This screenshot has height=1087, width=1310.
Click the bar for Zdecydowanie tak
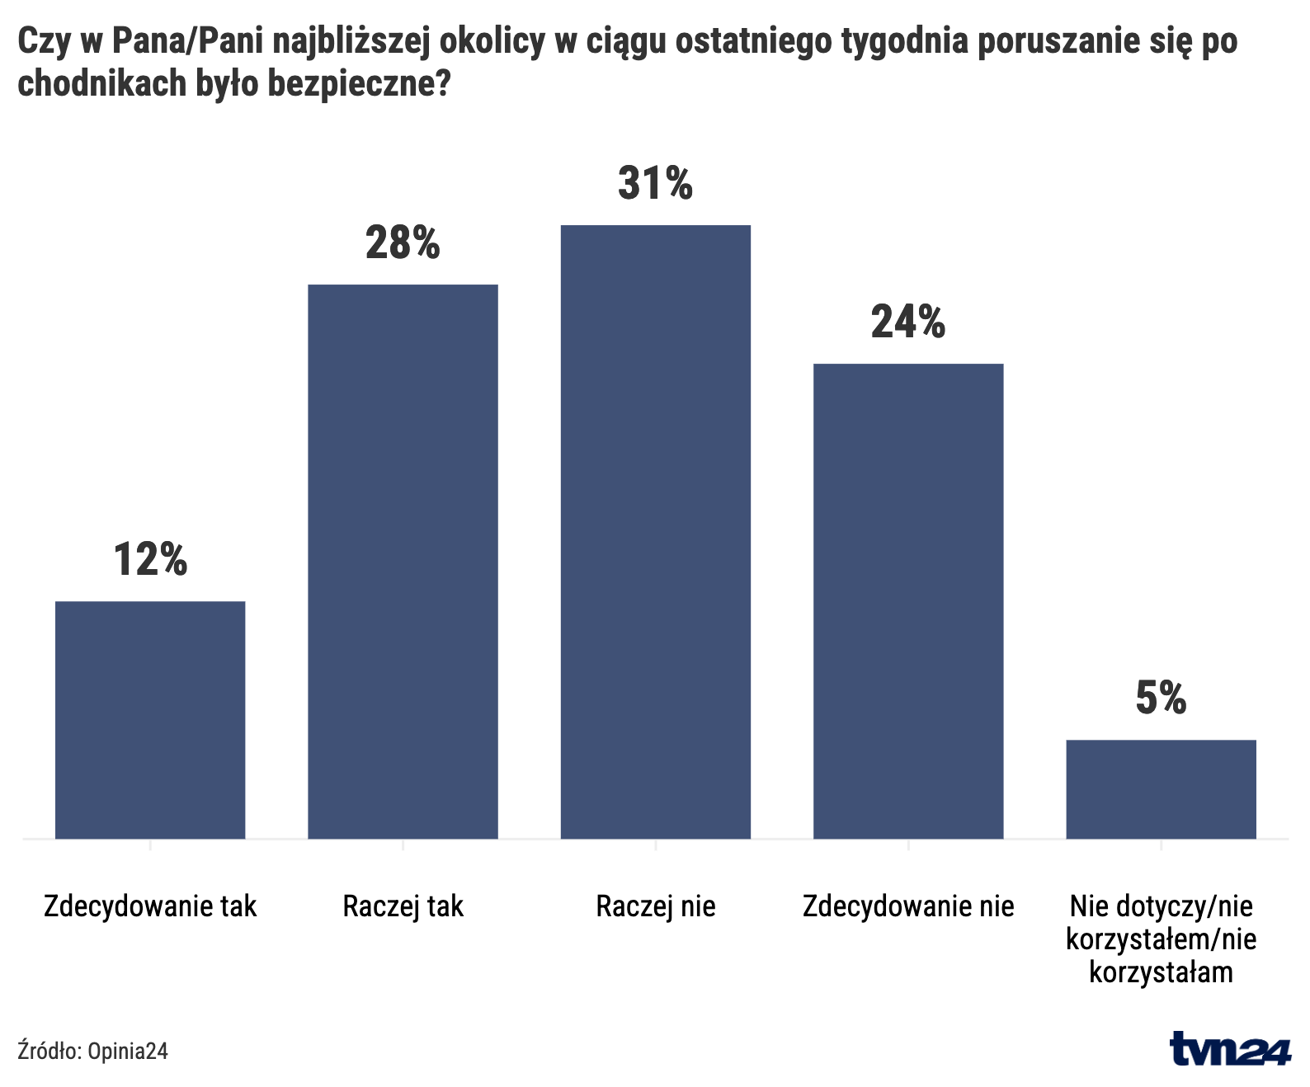pos(150,719)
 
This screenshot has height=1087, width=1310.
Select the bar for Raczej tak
pos(403,561)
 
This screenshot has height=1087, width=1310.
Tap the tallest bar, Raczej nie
pos(656,531)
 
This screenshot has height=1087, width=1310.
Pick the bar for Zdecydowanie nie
pos(908,600)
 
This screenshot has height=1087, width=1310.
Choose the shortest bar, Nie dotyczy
pos(1161,788)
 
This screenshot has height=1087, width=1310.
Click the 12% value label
pos(150,559)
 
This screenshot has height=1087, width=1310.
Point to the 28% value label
pos(403,242)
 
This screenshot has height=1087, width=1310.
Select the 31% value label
pos(656,183)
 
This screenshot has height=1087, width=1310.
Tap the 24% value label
pos(908,322)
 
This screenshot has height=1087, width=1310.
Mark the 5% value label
pos(1161,698)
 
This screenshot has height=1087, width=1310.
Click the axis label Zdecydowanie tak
pos(150,906)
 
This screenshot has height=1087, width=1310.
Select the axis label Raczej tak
pos(403,906)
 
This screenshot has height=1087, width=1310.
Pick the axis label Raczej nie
pos(656,906)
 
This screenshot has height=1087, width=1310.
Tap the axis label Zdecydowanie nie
pos(908,906)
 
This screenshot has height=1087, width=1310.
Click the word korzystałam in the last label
pos(1161,972)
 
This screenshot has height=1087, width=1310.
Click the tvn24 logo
pos(1229,1048)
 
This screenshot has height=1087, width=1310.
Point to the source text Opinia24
pos(128,1051)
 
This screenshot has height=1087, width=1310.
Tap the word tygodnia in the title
pos(904,41)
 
